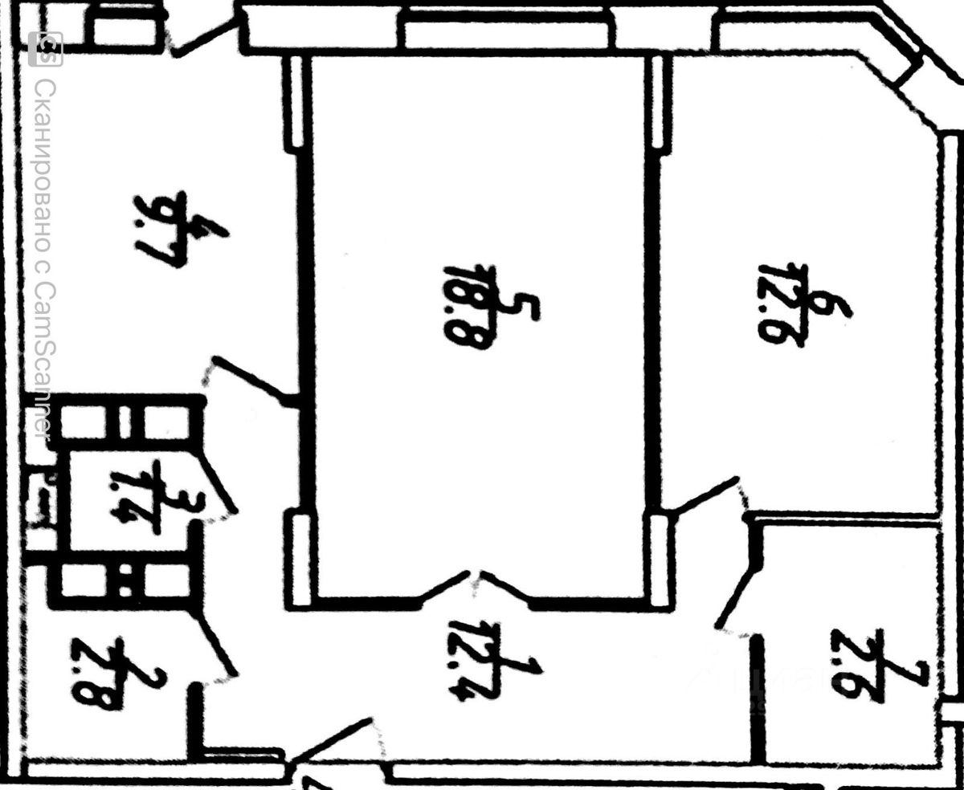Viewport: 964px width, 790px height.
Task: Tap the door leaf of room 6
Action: [707, 494]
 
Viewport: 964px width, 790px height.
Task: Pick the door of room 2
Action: [217, 642]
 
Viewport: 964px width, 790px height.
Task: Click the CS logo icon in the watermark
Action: [45, 49]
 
